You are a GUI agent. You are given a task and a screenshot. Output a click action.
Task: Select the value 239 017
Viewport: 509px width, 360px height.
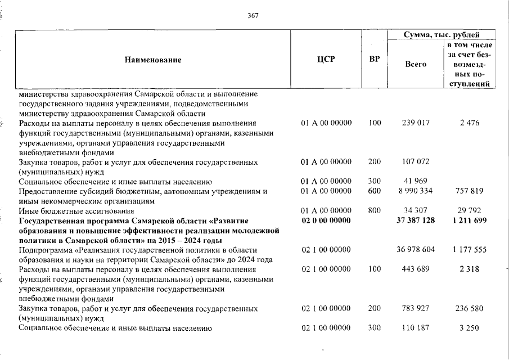click(x=416, y=123)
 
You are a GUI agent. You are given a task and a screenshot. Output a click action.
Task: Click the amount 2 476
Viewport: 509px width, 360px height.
click(x=469, y=123)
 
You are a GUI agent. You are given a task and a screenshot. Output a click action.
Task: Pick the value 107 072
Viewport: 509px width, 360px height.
click(x=416, y=162)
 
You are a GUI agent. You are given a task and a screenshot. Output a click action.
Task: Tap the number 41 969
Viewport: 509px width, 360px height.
click(x=416, y=181)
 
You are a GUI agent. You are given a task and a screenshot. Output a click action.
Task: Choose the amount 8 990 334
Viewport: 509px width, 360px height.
click(x=416, y=191)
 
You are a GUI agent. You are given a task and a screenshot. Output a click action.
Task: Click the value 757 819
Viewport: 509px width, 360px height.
click(x=469, y=191)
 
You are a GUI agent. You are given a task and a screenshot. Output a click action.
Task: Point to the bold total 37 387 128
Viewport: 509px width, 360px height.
click(x=416, y=220)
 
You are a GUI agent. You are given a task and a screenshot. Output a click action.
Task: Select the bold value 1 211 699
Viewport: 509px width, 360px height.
click(x=469, y=220)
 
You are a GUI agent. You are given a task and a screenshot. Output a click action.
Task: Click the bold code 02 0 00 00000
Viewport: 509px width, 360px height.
click(x=326, y=220)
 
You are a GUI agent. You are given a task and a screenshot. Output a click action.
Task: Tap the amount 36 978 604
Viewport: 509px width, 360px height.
click(x=416, y=249)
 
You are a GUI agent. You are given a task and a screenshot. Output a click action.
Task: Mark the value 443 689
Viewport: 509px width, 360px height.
click(x=416, y=269)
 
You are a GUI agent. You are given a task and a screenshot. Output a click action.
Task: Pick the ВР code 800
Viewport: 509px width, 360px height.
click(x=375, y=211)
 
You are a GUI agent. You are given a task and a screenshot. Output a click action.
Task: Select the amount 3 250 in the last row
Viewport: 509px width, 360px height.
click(x=469, y=328)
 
